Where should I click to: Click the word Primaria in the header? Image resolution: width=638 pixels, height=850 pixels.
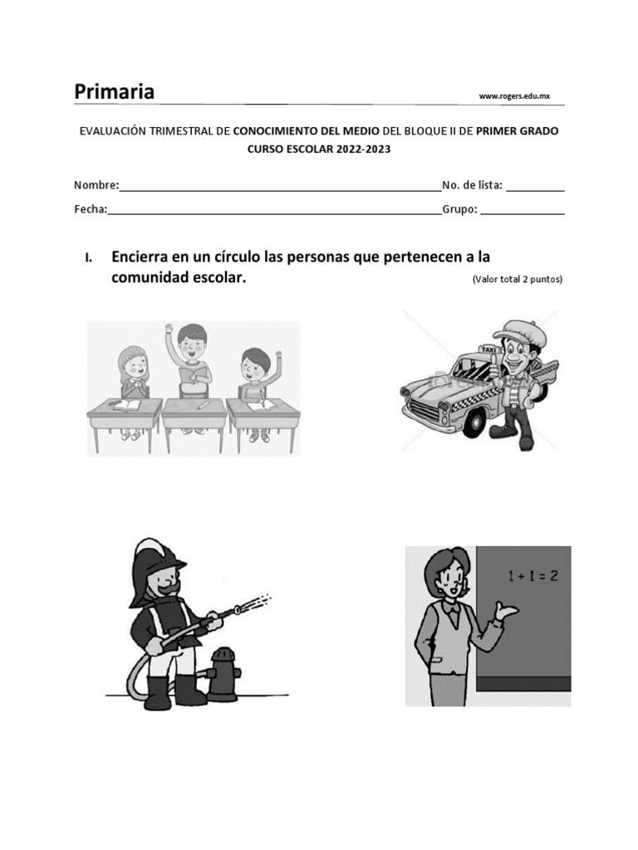114,91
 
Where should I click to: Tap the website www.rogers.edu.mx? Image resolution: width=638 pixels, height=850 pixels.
514,96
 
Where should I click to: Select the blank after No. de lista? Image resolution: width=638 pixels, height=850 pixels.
535,187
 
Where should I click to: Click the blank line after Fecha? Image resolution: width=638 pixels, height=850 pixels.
274,211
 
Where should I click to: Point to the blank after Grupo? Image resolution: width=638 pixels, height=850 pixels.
523,211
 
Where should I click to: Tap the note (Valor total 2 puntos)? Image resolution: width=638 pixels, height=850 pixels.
518,280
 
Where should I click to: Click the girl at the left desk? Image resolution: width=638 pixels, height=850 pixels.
134,369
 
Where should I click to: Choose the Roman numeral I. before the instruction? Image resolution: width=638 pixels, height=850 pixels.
88,257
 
